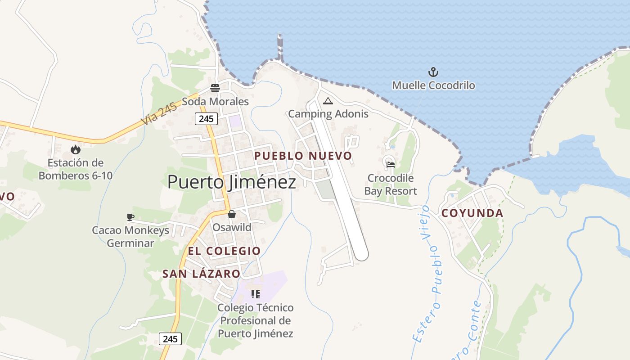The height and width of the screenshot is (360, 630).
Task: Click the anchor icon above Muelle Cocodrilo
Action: (433, 72)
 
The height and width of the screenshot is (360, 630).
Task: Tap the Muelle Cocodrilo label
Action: (433, 85)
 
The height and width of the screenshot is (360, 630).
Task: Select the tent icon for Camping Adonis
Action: (328, 101)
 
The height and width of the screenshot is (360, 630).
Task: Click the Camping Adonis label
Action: (328, 114)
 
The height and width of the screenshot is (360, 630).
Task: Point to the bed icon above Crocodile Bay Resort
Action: (390, 165)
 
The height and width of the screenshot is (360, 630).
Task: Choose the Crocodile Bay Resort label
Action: (390, 184)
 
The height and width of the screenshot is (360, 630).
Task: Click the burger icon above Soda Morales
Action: (215, 88)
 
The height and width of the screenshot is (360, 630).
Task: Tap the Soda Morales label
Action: (215, 101)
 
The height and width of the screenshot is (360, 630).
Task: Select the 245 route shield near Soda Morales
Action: (206, 119)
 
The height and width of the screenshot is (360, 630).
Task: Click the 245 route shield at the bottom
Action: (170, 339)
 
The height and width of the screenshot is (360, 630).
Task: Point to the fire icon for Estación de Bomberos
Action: (76, 149)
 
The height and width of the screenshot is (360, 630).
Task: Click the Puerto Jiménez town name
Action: (232, 182)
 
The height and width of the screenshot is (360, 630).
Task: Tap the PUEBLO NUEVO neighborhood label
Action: (303, 156)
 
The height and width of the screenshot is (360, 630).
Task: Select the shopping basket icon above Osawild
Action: (231, 214)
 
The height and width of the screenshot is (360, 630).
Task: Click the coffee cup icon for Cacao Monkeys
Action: (130, 217)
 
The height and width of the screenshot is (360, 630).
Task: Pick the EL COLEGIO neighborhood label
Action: (224, 251)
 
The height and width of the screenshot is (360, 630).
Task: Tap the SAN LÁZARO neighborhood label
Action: (201, 274)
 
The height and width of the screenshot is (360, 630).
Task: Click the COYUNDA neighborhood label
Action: (472, 213)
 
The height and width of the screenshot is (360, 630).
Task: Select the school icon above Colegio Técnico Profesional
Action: (256, 295)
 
